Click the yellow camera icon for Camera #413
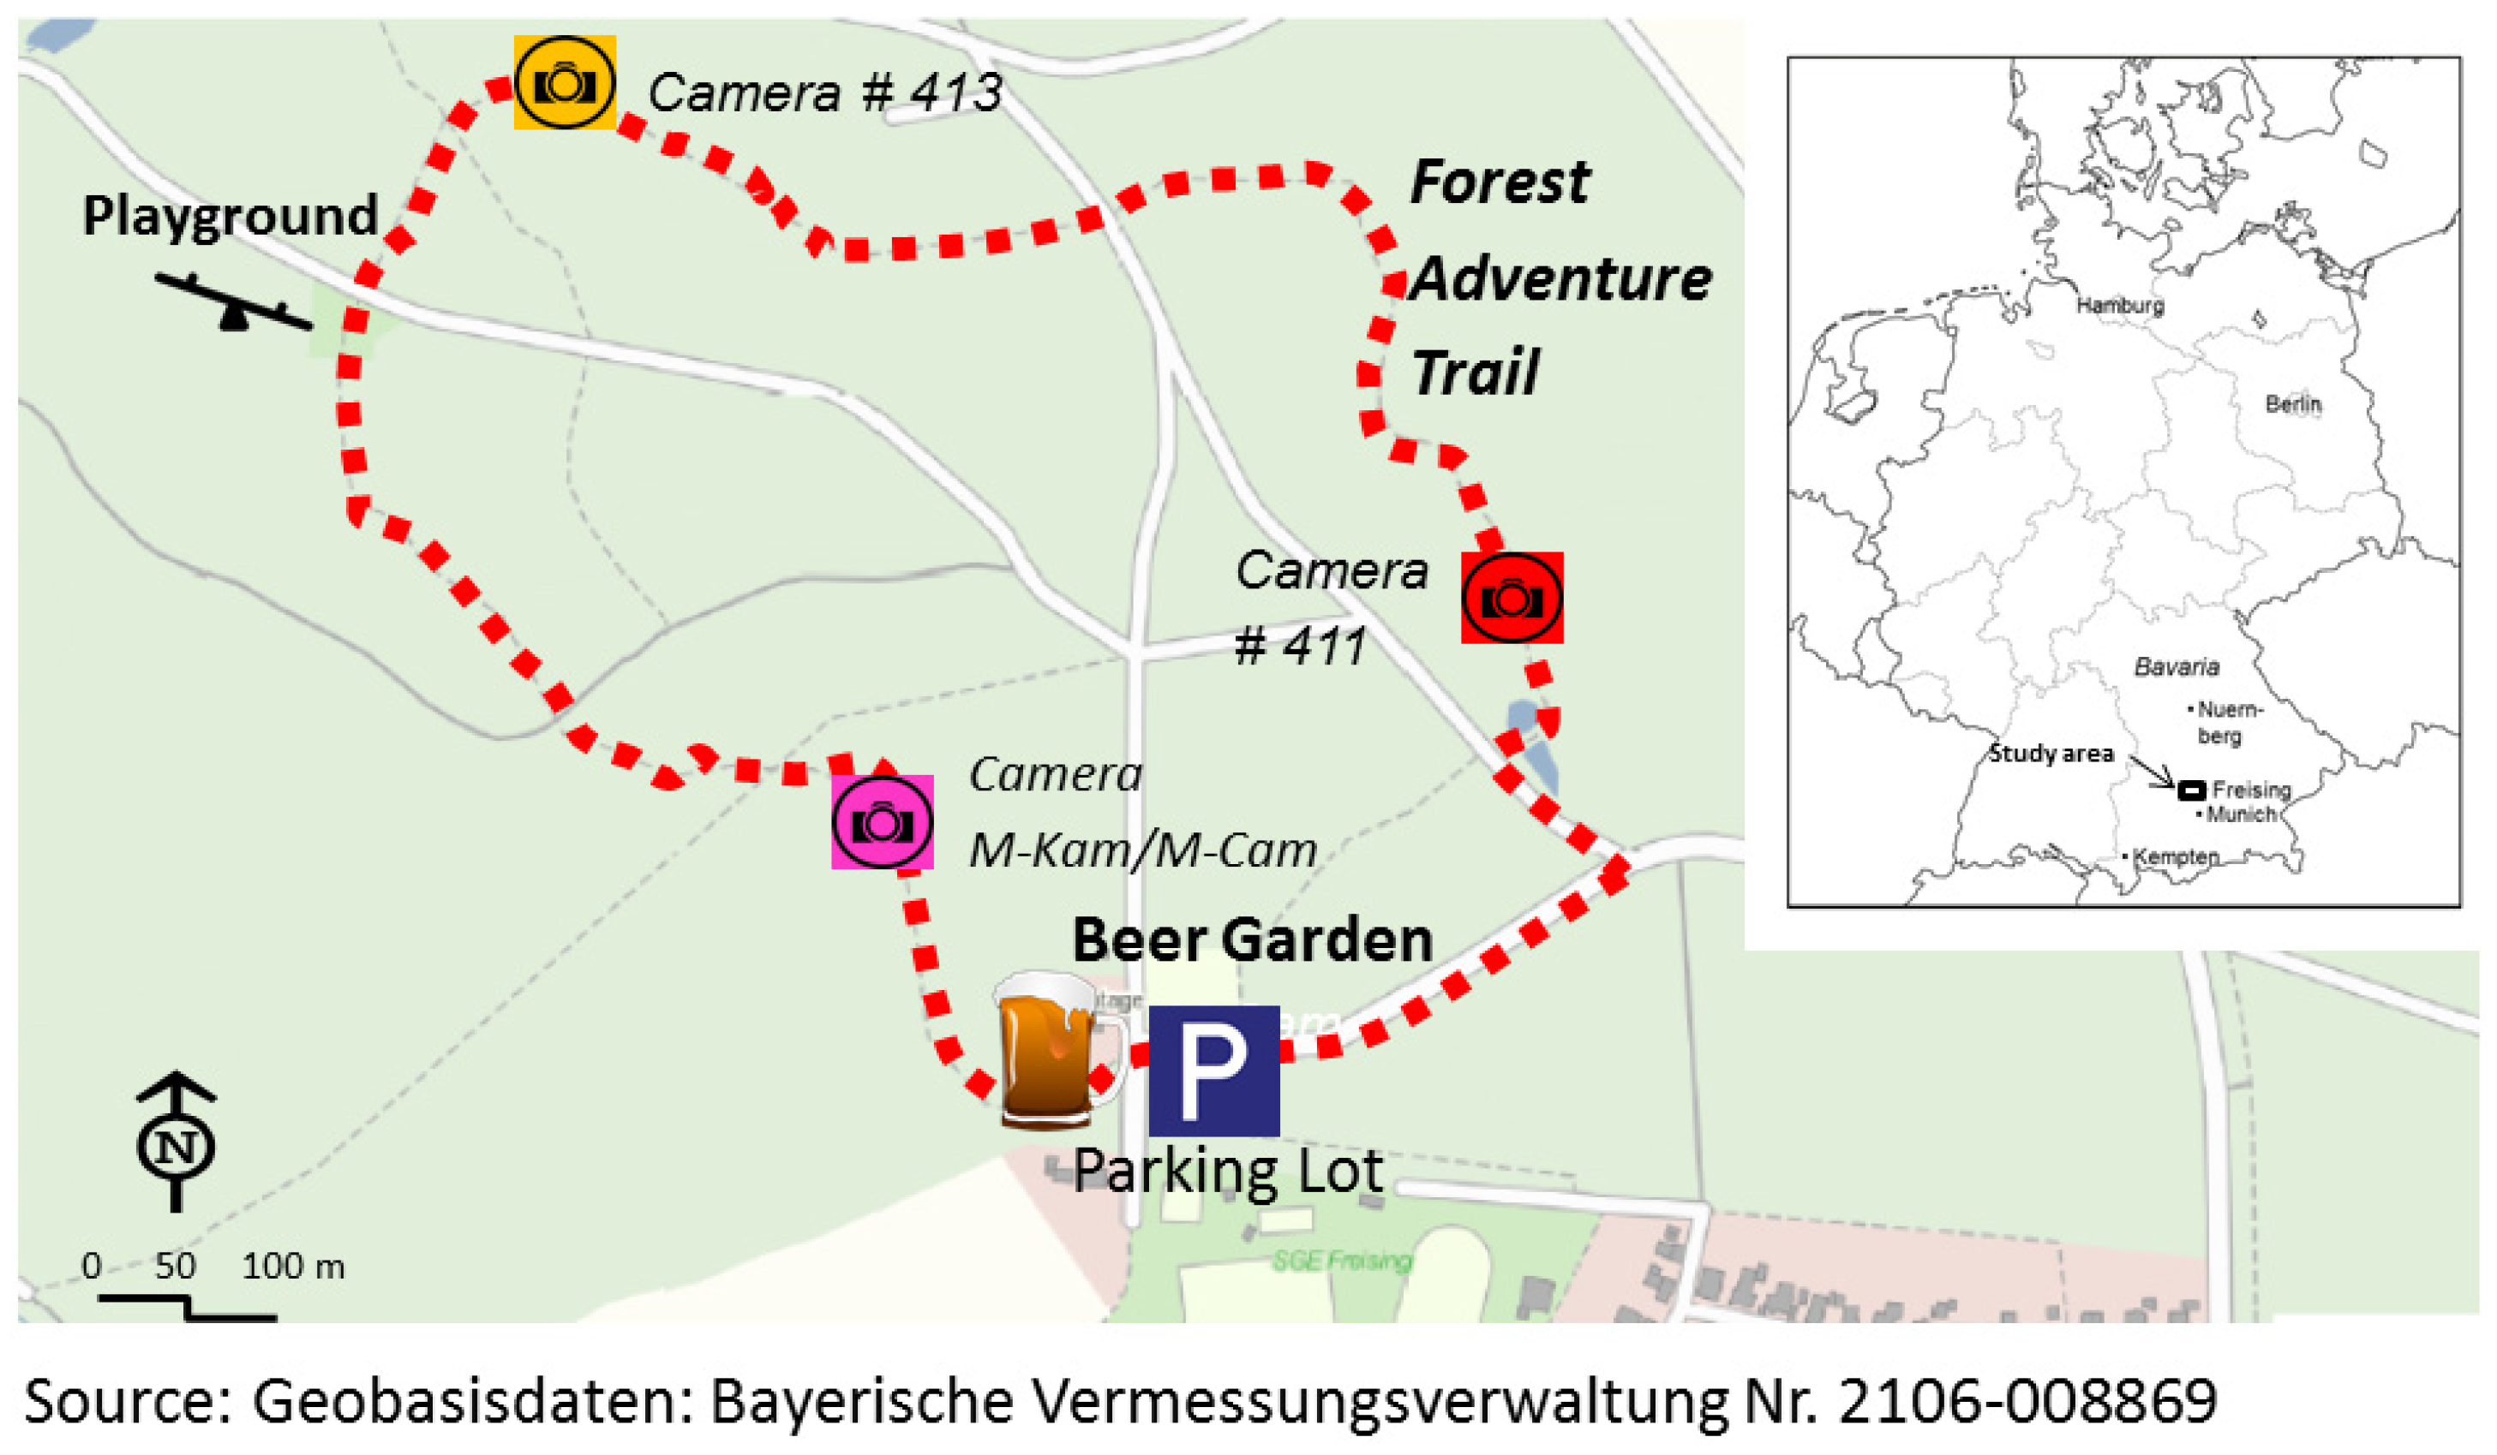564,82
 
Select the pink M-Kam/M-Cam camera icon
881,821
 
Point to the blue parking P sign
1213,1070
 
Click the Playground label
230,215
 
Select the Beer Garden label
1253,939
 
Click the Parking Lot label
1228,1172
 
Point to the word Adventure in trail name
1560,278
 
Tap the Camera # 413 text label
824,93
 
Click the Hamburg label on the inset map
2119,305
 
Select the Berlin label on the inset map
2293,404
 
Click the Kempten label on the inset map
2176,856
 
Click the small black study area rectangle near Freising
2191,790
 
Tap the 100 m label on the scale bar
293,1266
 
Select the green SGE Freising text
1342,1261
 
